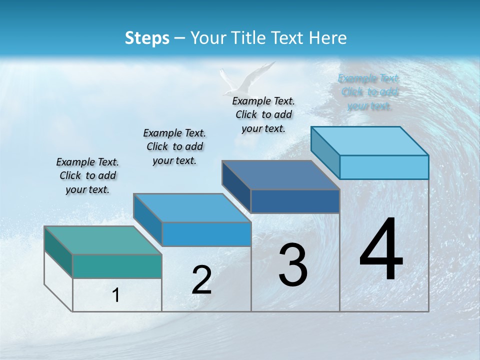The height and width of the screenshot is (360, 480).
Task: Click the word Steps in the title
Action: click(147, 38)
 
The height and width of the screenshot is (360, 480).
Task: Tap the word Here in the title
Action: click(328, 38)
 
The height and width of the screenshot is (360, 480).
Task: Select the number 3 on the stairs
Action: click(293, 265)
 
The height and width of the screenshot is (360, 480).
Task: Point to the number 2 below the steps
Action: click(201, 280)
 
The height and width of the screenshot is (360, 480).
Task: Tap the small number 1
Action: click(116, 295)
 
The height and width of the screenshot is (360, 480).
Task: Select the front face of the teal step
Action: click(117, 266)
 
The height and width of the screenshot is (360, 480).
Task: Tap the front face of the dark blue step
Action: click(295, 201)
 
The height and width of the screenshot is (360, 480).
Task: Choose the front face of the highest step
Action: click(384, 167)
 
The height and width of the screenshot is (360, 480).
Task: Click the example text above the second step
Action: click(174, 146)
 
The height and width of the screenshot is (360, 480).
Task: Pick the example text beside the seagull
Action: click(263, 114)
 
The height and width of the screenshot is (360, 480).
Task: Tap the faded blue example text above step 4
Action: click(369, 92)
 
